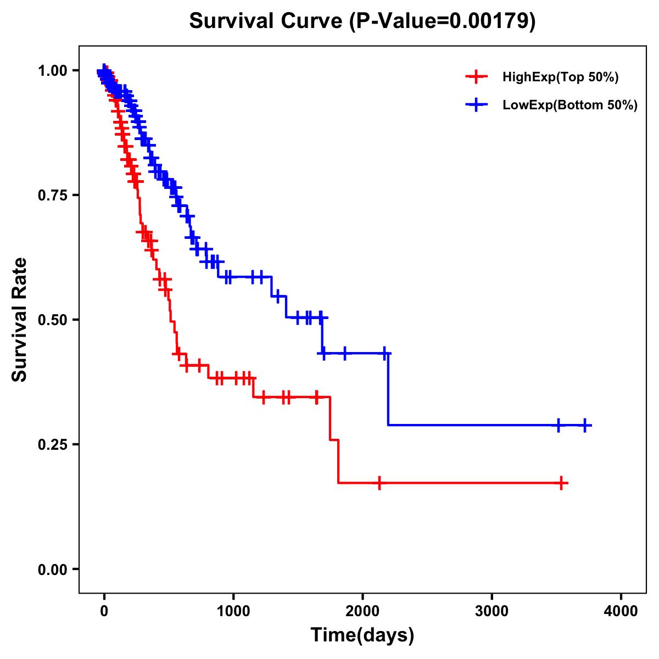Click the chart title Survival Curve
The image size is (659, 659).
point(267,21)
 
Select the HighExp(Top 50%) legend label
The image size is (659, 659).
point(560,77)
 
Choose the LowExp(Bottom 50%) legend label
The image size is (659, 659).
point(570,105)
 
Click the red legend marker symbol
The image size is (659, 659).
point(476,77)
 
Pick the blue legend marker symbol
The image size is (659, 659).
point(476,105)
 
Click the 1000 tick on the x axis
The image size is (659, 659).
point(233,611)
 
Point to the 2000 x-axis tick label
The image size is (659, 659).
point(362,611)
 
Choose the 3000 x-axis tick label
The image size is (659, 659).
point(492,611)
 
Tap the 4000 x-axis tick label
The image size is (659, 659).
point(621,611)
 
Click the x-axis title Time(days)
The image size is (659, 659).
point(362,635)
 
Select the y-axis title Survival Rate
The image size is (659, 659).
point(20,320)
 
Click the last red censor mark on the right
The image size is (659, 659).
point(562,483)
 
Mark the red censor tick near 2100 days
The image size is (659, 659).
point(379,483)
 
